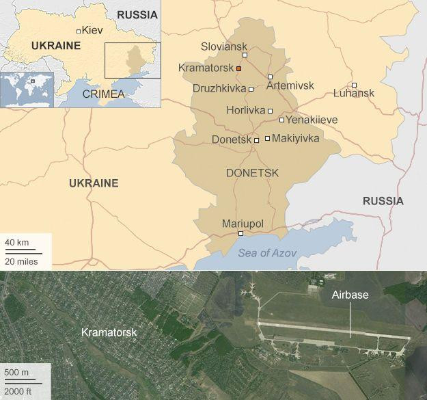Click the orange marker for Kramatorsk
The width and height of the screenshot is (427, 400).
238,68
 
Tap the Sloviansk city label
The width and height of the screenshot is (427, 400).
224,46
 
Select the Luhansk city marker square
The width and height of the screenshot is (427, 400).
354,84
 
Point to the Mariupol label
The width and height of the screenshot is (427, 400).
243,224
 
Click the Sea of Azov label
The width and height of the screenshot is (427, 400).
267,253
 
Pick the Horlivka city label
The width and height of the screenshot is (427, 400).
245,110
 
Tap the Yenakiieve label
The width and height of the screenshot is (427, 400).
312,120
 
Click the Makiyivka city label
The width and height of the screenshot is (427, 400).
296,138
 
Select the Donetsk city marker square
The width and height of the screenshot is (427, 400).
257,140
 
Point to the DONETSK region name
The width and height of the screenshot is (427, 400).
252,173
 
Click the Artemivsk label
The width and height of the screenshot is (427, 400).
290,85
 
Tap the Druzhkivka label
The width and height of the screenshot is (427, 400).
219,89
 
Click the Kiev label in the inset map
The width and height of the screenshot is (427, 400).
92,30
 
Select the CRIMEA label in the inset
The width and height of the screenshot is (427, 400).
103,94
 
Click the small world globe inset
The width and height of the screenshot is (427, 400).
27,89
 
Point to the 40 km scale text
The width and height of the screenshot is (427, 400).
17,243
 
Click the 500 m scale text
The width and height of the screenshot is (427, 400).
17,372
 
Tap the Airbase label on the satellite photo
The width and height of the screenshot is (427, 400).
350,295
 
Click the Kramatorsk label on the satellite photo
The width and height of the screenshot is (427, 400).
109,332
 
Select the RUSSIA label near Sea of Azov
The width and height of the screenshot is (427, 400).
383,201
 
